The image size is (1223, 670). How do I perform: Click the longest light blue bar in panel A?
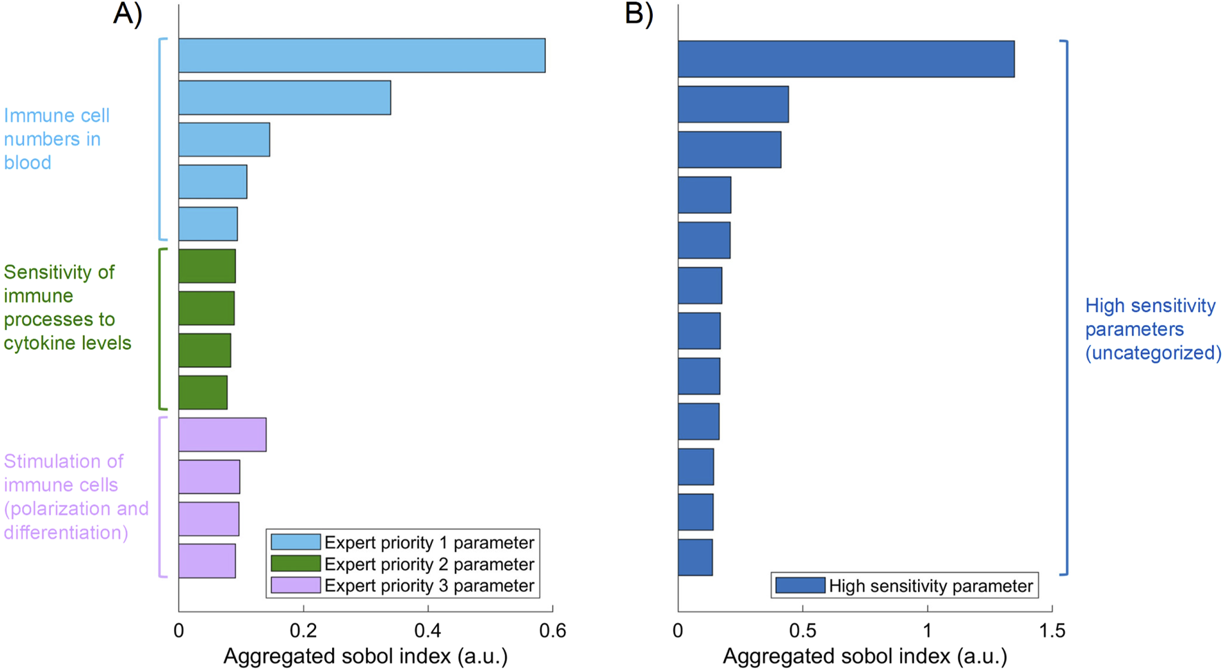[x=362, y=55]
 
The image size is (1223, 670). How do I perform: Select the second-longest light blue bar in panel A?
[x=284, y=97]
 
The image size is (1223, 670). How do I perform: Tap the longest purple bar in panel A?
[x=222, y=435]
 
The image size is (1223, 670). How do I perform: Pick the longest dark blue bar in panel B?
[x=845, y=59]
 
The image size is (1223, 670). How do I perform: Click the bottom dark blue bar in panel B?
[x=695, y=558]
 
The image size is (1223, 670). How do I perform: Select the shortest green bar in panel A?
[x=203, y=393]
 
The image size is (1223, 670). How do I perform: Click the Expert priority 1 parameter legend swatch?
[x=295, y=542]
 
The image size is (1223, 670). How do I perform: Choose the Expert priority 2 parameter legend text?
[x=429, y=564]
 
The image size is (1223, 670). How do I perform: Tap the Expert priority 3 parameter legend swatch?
[x=295, y=586]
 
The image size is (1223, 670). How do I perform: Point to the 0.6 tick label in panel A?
[x=552, y=631]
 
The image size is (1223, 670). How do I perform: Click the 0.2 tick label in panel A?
[x=303, y=631]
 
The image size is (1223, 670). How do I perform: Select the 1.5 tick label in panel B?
[x=1051, y=631]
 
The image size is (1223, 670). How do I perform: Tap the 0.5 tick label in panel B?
[x=802, y=631]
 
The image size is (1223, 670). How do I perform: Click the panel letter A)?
[x=128, y=14]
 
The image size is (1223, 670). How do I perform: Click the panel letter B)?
[x=638, y=14]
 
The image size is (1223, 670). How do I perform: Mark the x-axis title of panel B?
[x=864, y=656]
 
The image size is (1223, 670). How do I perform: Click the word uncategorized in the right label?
[x=1153, y=353]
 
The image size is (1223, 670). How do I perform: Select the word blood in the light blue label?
[x=28, y=163]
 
